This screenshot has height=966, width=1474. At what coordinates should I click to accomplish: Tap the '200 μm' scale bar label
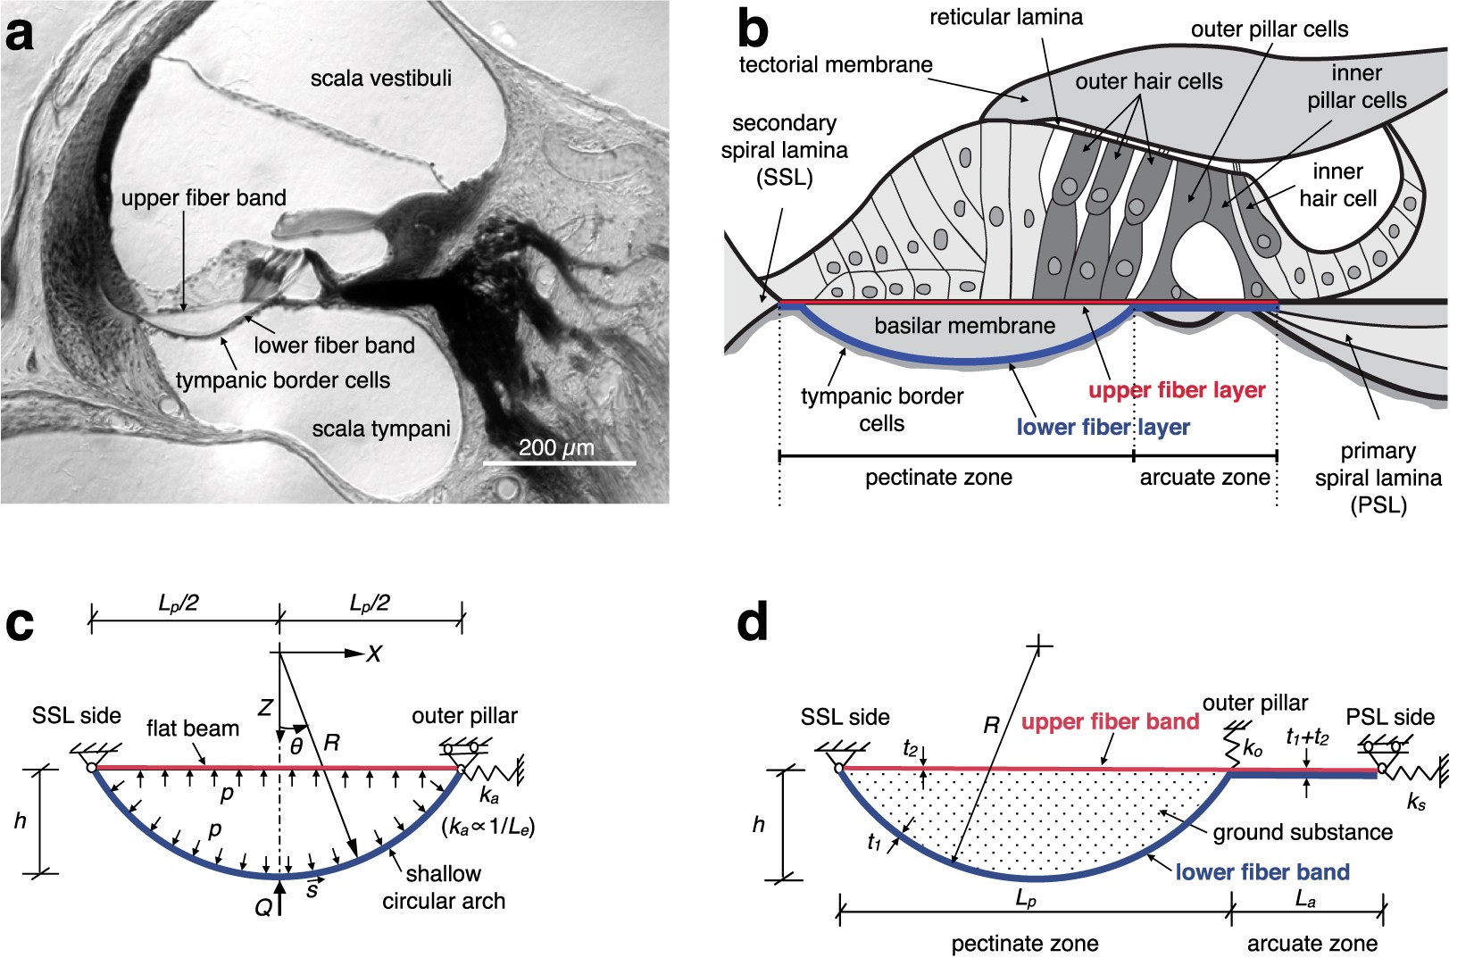point(555,447)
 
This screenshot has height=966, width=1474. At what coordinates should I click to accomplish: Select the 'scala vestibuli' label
point(380,79)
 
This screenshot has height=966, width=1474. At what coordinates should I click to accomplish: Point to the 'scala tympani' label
point(380,429)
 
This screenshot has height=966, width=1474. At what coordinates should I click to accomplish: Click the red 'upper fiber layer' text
point(1176,390)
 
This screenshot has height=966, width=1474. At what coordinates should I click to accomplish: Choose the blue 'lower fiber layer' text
point(1103,427)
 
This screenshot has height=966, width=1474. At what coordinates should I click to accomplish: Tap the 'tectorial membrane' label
point(836,64)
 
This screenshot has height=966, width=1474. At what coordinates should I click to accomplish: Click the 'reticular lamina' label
point(1005,17)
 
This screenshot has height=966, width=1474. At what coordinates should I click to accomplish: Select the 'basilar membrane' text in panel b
point(964,326)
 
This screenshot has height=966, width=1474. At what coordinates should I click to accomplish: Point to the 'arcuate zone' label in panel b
point(1204,478)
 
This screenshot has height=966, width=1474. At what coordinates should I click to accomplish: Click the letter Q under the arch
point(262,907)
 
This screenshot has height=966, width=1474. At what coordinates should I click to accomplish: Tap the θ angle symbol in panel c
point(296,745)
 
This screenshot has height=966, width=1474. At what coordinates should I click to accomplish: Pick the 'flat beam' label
point(193,729)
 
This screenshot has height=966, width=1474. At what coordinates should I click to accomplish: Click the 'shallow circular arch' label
point(444,887)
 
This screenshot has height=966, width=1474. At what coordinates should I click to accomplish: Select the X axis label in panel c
point(373,654)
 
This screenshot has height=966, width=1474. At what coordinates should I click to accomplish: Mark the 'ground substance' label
point(1303,832)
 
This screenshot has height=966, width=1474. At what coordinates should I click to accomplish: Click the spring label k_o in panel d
point(1253,749)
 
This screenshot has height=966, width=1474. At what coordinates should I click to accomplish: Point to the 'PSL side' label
point(1389,717)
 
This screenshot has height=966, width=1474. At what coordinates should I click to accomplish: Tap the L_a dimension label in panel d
point(1305,901)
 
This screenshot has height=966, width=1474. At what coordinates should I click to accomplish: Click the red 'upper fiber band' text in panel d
point(1110,721)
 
